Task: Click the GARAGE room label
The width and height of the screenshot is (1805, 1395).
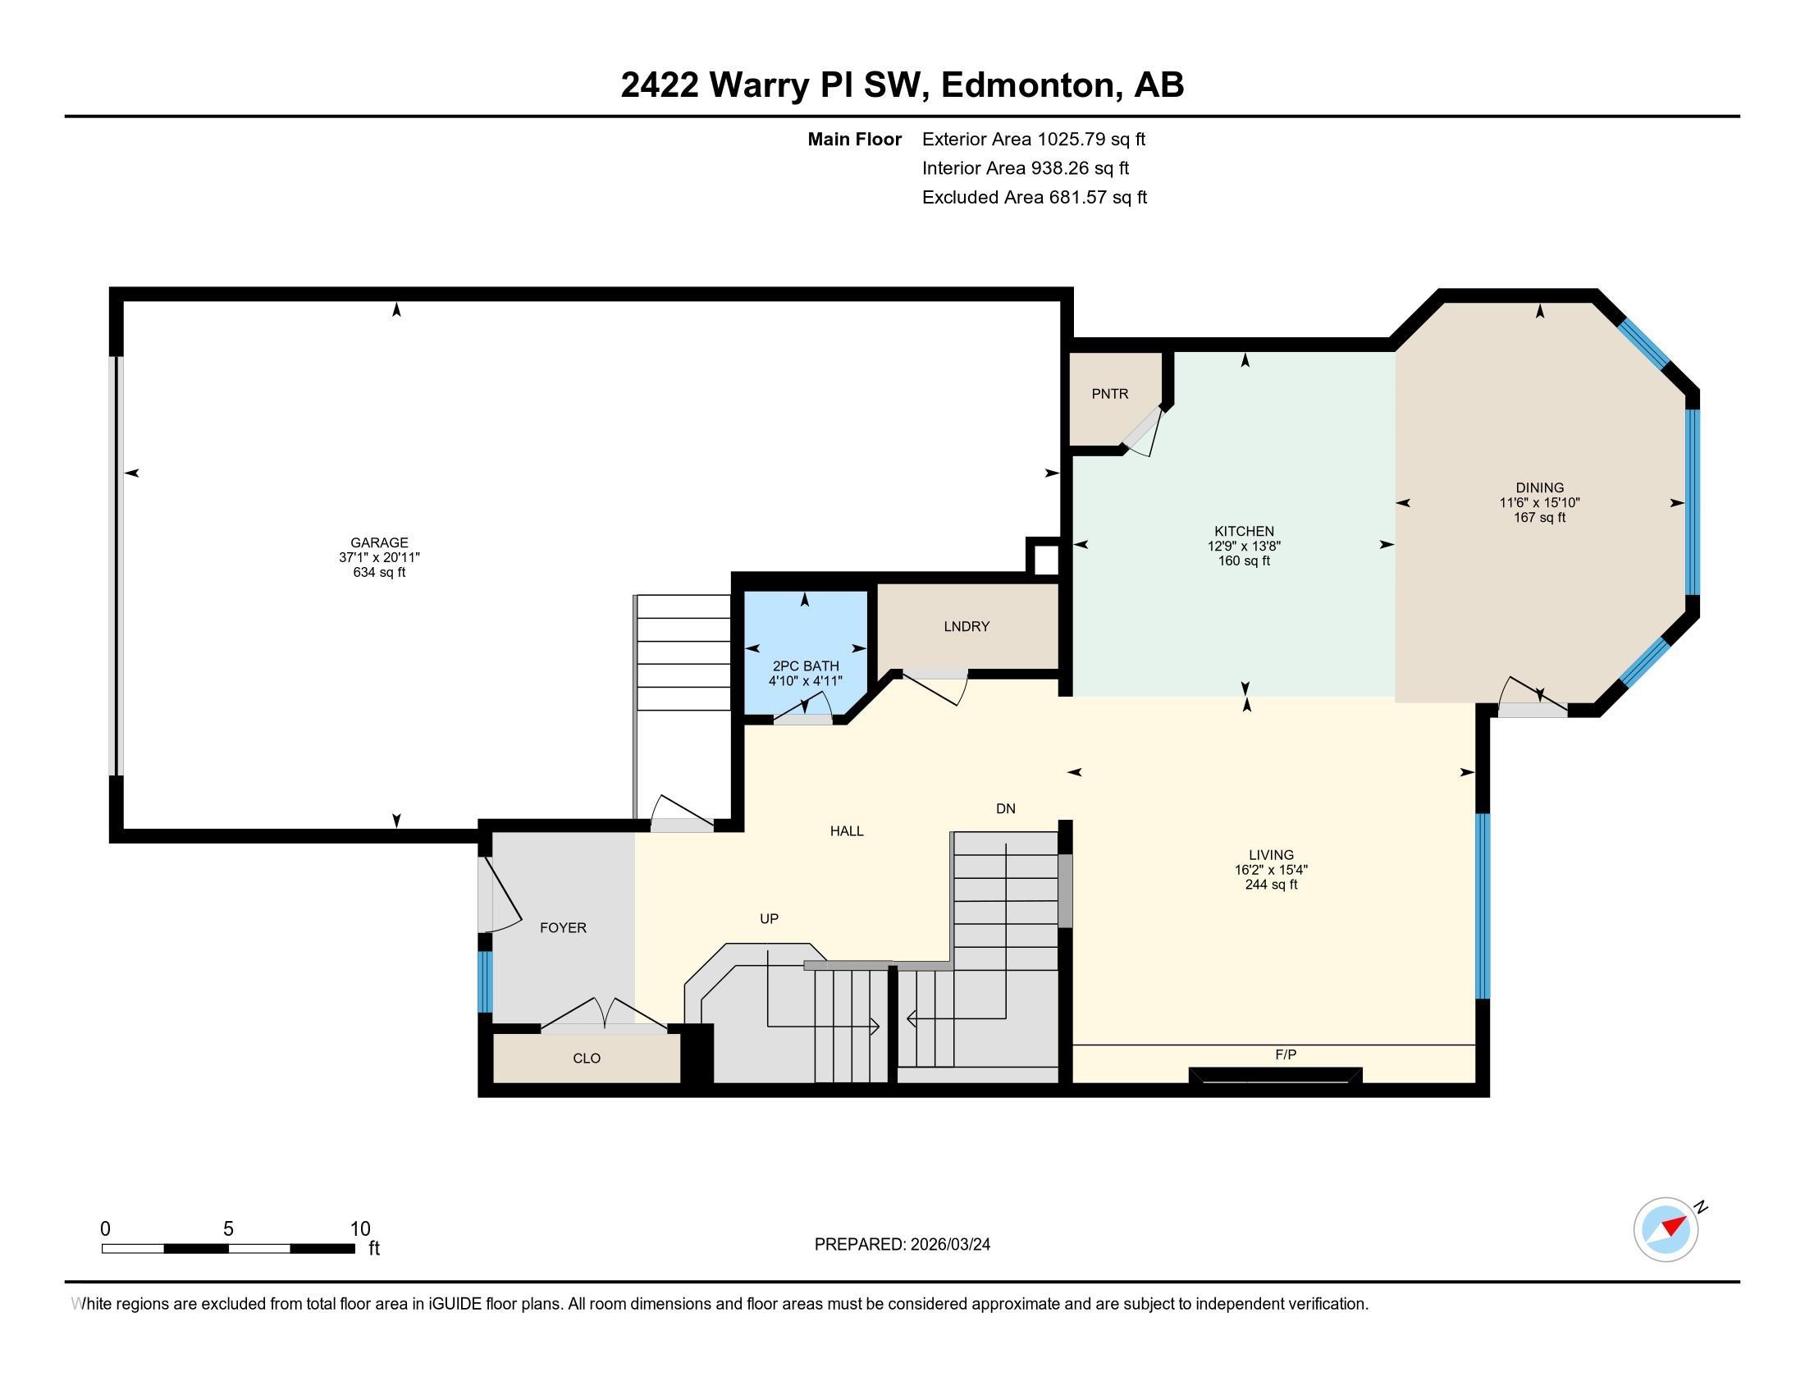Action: (x=379, y=542)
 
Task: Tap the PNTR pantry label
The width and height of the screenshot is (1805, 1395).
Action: (x=1109, y=394)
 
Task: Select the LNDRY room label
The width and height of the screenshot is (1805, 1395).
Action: (x=966, y=626)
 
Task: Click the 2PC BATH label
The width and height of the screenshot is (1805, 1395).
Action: (x=805, y=666)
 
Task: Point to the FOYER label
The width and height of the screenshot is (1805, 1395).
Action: (x=563, y=928)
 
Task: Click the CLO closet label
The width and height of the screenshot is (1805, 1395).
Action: (x=586, y=1059)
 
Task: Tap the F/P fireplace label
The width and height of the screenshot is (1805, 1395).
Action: (x=1285, y=1055)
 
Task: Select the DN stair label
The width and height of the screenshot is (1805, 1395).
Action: (x=1005, y=809)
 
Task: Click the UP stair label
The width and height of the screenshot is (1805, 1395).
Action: (x=769, y=919)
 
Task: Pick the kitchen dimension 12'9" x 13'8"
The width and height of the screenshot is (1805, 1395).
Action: (x=1244, y=547)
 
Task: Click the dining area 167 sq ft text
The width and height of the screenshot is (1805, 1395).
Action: (x=1539, y=518)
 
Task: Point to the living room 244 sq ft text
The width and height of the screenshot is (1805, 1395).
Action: (x=1271, y=885)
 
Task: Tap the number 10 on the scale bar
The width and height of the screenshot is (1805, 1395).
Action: (x=359, y=1229)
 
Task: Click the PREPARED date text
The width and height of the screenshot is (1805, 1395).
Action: (x=902, y=1245)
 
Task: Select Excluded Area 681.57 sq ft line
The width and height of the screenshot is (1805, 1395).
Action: (x=1034, y=198)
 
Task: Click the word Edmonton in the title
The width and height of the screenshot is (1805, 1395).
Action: (x=1027, y=85)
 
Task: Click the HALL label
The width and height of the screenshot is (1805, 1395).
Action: (x=847, y=831)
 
